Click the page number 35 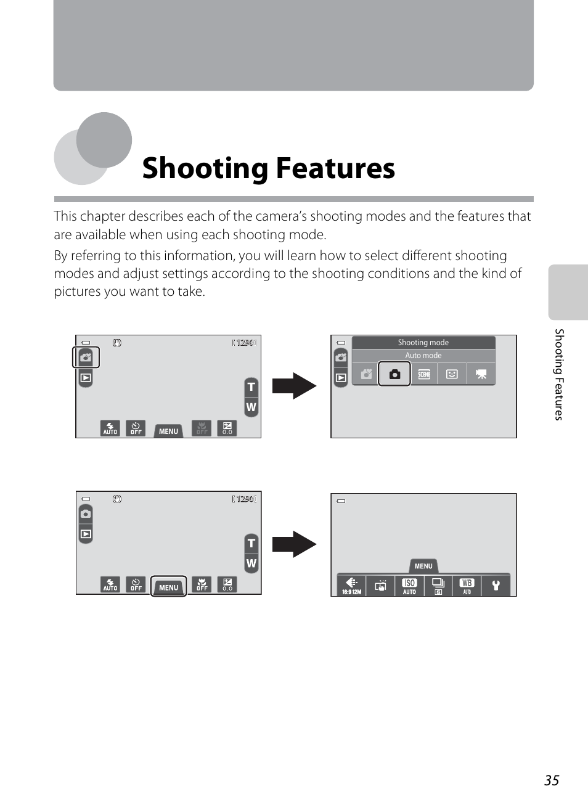552,780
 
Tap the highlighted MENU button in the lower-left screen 168,587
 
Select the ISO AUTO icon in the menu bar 409,586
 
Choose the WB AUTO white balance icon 467,586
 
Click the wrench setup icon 496,586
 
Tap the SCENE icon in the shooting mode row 424,374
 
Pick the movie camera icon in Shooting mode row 481,374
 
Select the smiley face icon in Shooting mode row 452,374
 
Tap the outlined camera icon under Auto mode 394,374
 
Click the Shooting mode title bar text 423,343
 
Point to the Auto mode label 423,356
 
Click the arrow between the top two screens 294,386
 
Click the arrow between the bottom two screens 294,544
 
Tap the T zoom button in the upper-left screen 251,387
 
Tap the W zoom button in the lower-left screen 251,563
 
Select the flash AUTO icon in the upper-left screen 110,428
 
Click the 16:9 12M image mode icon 351,586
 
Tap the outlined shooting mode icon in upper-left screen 86,358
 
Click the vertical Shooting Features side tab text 559,374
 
